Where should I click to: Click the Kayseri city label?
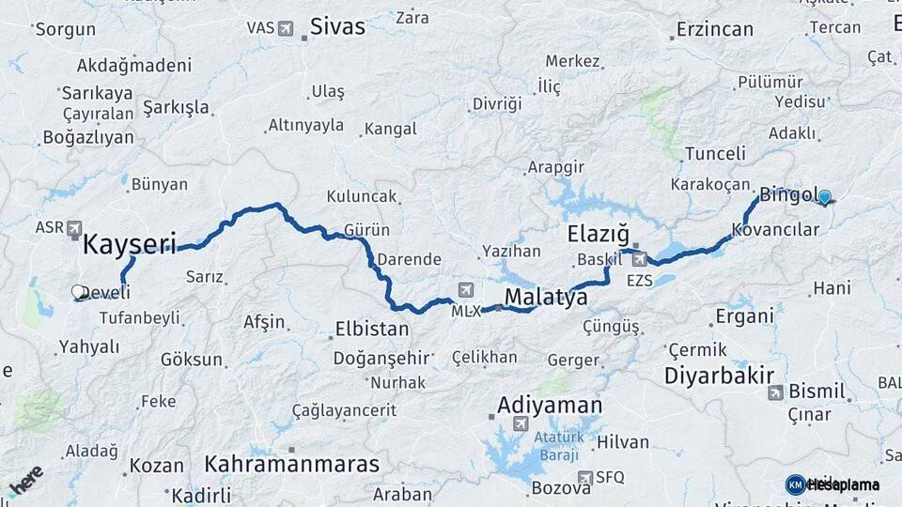tap(130, 245)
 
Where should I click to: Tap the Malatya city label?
tap(546, 298)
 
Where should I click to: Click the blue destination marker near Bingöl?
tap(825, 197)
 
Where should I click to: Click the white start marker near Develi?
tap(78, 292)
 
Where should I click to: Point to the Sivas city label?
tap(337, 26)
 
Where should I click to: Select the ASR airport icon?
tap(74, 228)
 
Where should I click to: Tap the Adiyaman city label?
tap(549, 406)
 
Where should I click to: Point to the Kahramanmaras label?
tap(292, 464)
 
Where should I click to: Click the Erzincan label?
tap(713, 29)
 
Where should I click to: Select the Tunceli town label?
tap(715, 153)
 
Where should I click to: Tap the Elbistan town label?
tap(372, 330)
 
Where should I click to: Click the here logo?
tap(25, 482)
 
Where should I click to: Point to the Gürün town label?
tap(366, 230)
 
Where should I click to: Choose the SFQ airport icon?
tap(585, 478)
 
